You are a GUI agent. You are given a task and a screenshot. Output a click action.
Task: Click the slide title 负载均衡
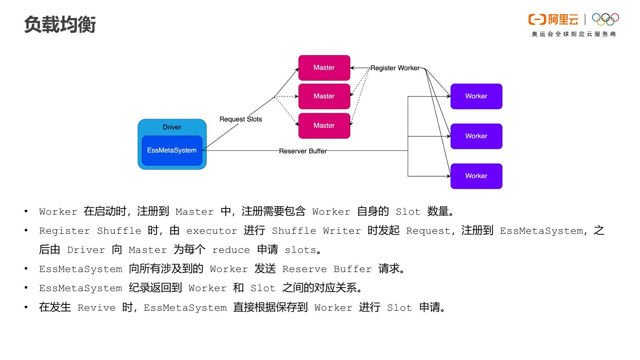pyautogui.click(x=60, y=24)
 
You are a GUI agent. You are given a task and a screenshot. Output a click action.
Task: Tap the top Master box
pyautogui.click(x=324, y=68)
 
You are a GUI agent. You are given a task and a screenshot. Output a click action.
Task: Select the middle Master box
pyautogui.click(x=324, y=96)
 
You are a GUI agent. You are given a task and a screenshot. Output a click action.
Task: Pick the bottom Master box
pyautogui.click(x=324, y=126)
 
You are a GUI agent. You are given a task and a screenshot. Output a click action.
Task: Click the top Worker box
pyautogui.click(x=476, y=96)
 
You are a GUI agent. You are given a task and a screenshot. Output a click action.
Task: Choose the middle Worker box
pyautogui.click(x=476, y=136)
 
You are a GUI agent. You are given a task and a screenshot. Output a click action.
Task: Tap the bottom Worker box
pyautogui.click(x=476, y=176)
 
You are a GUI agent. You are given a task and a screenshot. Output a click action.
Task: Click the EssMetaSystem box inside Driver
pyautogui.click(x=172, y=151)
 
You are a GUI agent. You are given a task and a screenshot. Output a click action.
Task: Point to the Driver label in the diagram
pyautogui.click(x=172, y=127)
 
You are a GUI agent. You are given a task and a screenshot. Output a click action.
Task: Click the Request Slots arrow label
pyautogui.click(x=240, y=119)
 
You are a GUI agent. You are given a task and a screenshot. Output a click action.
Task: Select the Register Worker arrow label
pyautogui.click(x=395, y=68)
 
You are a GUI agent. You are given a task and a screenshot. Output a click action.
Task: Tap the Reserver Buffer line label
pyautogui.click(x=303, y=151)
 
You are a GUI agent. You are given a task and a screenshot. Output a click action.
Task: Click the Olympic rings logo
pyautogui.click(x=605, y=19)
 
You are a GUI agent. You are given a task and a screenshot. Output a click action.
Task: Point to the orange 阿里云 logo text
pyautogui.click(x=563, y=20)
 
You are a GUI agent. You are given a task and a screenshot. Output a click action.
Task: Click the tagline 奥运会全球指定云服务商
pyautogui.click(x=574, y=34)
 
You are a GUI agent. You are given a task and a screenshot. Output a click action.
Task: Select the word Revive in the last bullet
pyautogui.click(x=96, y=308)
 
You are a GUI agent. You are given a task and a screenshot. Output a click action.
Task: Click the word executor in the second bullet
pyautogui.click(x=212, y=231)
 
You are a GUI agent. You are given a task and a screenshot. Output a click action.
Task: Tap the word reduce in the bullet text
pyautogui.click(x=231, y=250)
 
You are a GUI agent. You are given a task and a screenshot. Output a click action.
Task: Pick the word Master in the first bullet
pyautogui.click(x=194, y=212)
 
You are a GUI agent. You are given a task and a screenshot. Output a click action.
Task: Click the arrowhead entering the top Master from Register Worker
pyautogui.click(x=352, y=68)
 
